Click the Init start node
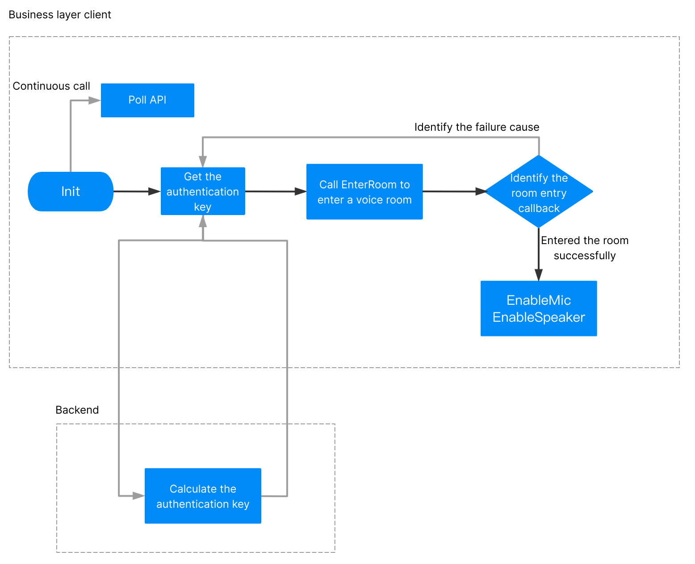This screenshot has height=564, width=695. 71,191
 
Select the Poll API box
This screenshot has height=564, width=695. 147,100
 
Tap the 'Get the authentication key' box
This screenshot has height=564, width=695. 203,191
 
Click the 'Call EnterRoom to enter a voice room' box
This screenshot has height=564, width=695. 364,191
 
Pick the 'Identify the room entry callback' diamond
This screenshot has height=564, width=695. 539,191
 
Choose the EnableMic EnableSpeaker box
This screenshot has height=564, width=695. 539,308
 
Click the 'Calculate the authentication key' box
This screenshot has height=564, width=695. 203,496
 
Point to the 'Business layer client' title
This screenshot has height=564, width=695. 60,15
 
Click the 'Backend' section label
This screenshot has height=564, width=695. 77,410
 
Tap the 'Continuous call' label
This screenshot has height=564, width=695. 51,86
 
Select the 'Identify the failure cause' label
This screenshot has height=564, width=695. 477,127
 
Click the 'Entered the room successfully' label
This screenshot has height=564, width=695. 584,248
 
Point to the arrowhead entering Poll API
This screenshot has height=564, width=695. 95,100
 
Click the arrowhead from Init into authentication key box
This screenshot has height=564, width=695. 155,191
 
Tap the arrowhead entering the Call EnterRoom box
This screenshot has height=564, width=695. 301,191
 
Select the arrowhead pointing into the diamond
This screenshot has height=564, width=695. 481,191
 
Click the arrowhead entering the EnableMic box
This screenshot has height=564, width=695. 539,275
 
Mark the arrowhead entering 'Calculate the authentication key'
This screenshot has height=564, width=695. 138,496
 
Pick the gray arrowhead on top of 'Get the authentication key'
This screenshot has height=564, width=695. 203,162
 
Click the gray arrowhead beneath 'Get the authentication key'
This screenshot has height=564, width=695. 203,221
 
